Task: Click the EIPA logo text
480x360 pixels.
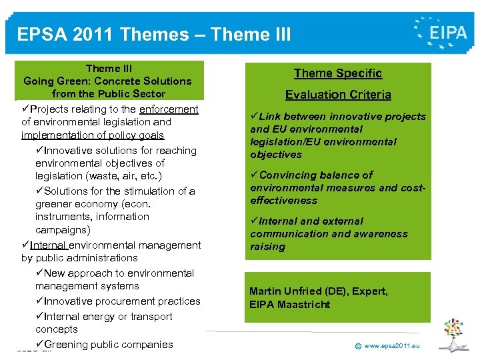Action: click(x=448, y=33)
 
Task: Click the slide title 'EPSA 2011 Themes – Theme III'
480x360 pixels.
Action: click(x=154, y=34)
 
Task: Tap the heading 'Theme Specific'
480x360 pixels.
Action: click(x=338, y=73)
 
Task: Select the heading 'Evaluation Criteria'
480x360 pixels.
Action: click(x=338, y=95)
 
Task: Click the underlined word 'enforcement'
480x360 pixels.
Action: click(x=169, y=109)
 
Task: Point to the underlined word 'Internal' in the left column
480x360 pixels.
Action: click(x=49, y=245)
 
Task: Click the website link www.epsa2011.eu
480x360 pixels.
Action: click(x=392, y=345)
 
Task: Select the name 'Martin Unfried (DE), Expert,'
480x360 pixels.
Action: click(x=318, y=291)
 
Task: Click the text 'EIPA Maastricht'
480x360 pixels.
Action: click(x=290, y=305)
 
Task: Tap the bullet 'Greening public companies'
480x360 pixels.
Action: click(x=108, y=345)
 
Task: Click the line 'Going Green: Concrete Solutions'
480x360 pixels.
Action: click(x=107, y=81)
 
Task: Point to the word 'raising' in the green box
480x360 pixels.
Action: click(x=267, y=247)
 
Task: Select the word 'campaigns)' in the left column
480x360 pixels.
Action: click(x=63, y=230)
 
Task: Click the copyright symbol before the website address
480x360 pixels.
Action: click(x=358, y=346)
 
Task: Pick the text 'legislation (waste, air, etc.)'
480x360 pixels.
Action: click(x=99, y=176)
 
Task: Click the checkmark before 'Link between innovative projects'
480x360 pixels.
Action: click(x=254, y=117)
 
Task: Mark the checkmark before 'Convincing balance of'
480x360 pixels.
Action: click(x=254, y=175)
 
